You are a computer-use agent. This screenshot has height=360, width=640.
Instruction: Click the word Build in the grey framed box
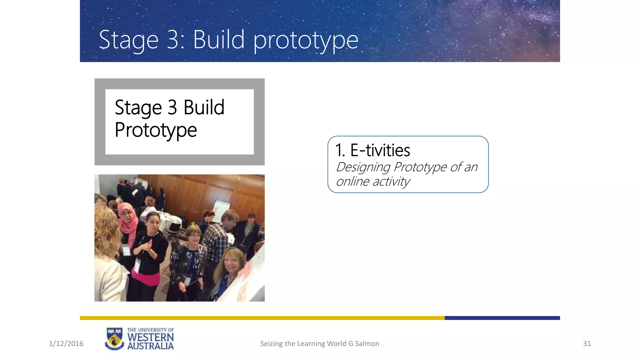(204, 107)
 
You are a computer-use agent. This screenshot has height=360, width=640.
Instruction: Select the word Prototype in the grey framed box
(156, 130)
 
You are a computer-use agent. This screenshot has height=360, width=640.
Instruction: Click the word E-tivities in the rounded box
(380, 150)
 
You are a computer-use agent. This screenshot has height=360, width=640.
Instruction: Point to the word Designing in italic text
(363, 167)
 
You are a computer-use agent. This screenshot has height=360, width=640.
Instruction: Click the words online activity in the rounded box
(373, 182)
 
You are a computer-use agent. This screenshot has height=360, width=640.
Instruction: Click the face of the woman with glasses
(194, 237)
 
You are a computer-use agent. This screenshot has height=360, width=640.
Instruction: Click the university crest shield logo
(114, 339)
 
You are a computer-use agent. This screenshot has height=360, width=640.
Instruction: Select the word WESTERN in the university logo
(150, 337)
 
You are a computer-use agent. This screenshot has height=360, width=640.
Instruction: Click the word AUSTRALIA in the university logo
(150, 346)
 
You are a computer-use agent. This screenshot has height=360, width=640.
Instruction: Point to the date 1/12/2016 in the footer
(66, 344)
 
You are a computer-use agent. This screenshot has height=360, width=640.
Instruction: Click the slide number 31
(587, 344)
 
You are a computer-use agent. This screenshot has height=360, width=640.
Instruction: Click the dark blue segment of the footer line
(502, 318)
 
